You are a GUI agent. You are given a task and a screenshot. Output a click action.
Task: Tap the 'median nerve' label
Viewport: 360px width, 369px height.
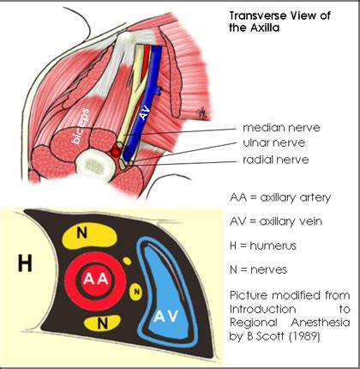pos(253,125)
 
